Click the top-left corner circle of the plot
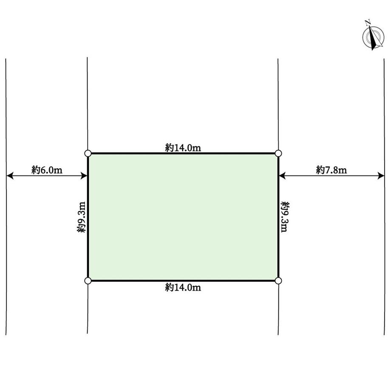click(88, 153)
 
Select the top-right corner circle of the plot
click(278, 153)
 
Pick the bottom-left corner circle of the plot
click(88, 281)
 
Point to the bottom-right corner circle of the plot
click(278, 281)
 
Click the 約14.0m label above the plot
click(183, 147)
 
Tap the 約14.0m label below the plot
click(183, 288)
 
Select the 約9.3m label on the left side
click(81, 217)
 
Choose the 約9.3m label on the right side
click(285, 217)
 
